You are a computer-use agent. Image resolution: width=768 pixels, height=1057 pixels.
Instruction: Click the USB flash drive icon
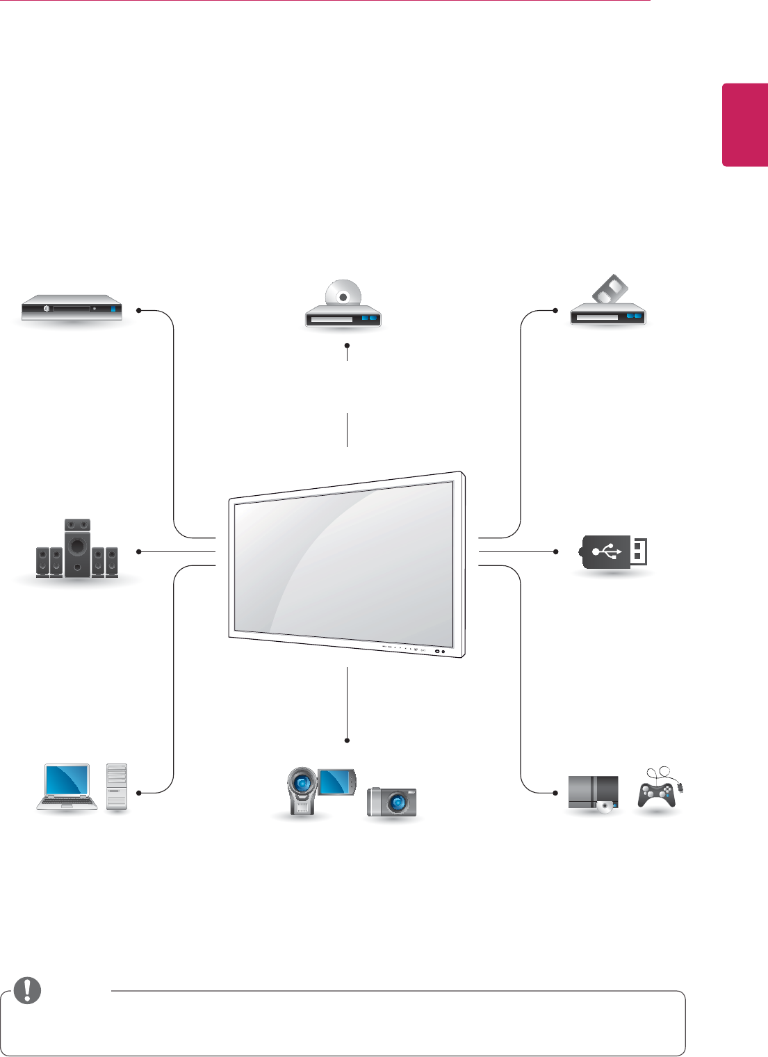[x=613, y=552]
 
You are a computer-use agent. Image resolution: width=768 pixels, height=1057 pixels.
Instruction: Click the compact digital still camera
[x=392, y=802]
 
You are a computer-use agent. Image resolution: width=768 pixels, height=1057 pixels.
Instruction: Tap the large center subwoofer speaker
[x=77, y=548]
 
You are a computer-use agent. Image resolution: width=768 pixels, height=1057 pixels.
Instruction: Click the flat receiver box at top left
[x=72, y=307]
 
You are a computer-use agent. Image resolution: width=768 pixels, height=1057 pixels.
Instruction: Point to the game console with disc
[x=593, y=793]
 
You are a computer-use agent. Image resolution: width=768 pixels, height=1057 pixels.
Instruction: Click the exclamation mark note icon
[x=28, y=990]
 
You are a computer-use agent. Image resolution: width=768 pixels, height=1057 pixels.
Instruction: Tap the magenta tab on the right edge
[x=744, y=125]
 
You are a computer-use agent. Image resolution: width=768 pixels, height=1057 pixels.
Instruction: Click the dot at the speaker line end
[x=139, y=551]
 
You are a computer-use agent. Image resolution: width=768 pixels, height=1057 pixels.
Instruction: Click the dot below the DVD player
[x=346, y=345]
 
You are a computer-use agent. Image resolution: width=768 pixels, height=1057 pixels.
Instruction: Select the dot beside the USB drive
[x=556, y=551]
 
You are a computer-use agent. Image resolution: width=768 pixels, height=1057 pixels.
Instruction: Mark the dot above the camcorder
[x=346, y=740]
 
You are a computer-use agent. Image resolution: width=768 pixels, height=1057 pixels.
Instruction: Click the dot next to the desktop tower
[x=139, y=793]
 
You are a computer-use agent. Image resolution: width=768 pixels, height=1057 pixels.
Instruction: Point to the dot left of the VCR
[x=556, y=310]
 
